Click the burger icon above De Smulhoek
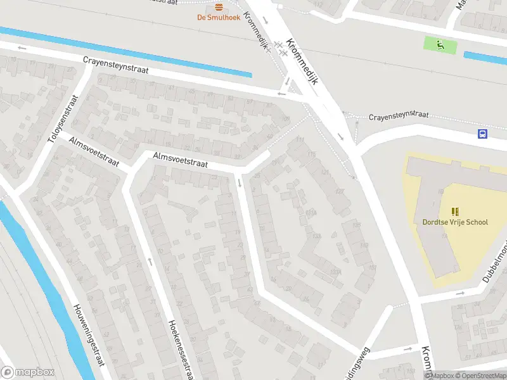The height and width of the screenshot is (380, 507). pos(219,7)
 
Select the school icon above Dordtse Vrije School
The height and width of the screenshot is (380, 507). pos(455,211)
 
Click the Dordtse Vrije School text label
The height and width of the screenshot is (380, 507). pos(455,222)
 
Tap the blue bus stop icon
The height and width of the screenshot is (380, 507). pos(483,134)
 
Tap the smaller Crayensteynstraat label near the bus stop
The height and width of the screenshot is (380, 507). pos(399,116)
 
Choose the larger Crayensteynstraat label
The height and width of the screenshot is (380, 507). pos(115,65)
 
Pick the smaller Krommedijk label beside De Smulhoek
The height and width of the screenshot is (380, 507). pos(257,32)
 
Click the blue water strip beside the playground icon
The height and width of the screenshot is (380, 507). pos(485,57)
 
